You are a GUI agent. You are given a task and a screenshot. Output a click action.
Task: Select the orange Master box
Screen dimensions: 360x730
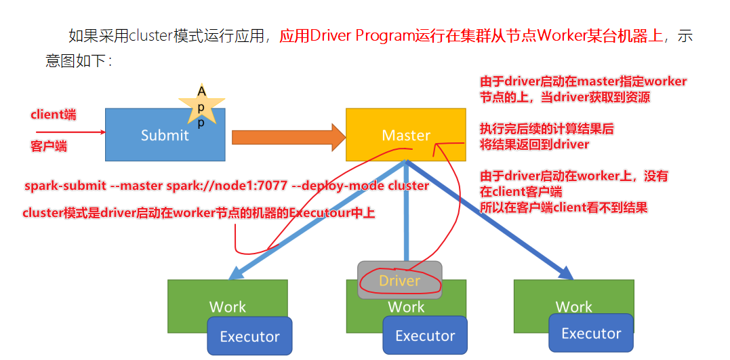point(406,135)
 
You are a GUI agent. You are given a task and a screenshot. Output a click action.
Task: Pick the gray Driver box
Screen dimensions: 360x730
point(399,280)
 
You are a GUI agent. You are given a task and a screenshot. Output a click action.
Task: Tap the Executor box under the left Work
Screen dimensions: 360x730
point(249,337)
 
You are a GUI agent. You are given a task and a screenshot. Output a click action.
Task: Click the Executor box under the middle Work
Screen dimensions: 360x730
point(425,336)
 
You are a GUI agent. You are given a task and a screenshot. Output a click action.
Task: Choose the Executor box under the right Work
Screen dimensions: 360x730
point(591,333)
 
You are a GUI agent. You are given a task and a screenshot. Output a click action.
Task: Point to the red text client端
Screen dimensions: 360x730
point(54,115)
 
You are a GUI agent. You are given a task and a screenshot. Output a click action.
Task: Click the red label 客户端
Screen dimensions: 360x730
point(49,146)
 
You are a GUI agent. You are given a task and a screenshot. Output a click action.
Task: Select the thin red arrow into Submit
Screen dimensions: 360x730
point(68,132)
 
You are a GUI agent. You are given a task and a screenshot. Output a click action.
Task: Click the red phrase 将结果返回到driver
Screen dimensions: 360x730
point(535,144)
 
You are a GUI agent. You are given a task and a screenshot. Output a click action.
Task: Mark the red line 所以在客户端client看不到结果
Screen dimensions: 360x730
point(563,207)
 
